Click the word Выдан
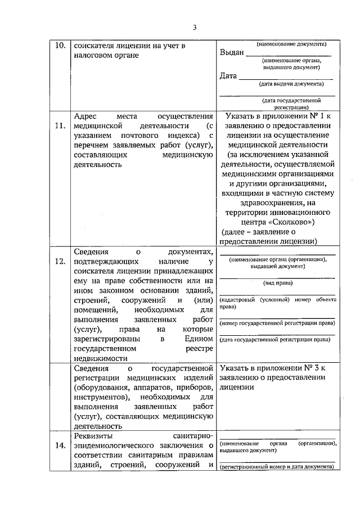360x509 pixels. [232, 53]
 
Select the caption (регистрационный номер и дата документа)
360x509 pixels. [277, 467]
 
